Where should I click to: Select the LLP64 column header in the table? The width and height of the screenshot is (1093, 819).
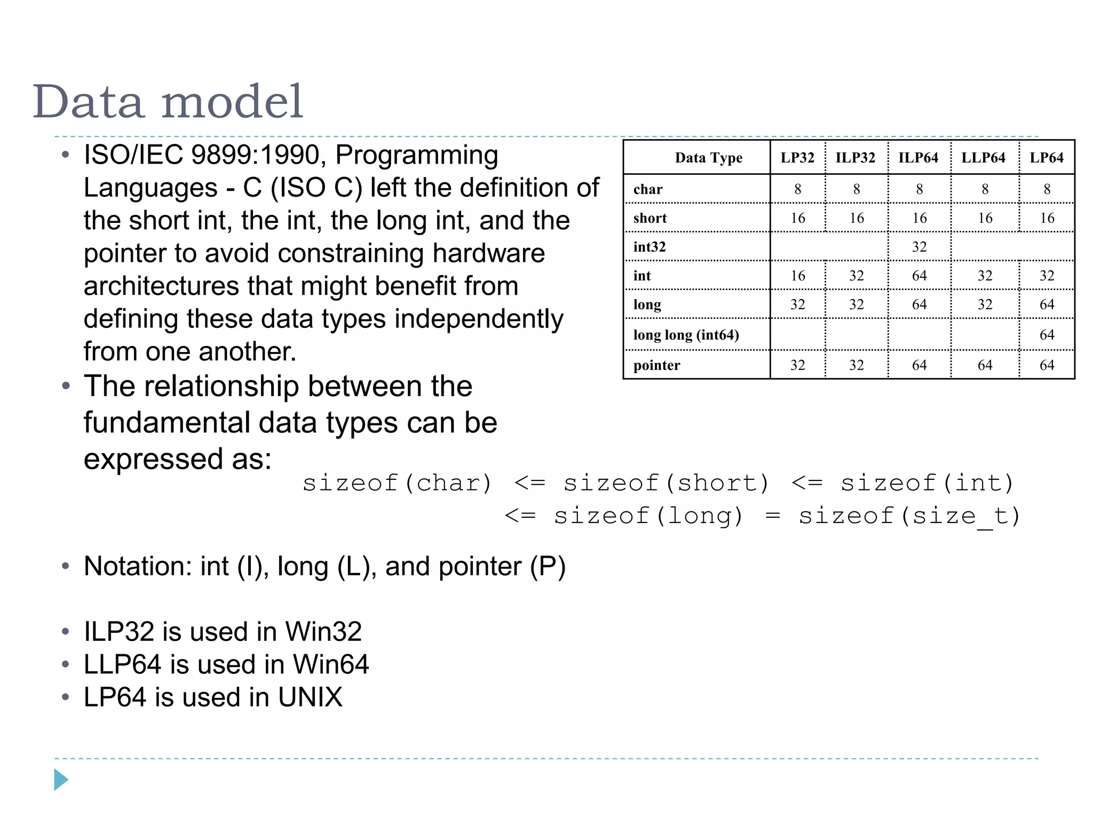(983, 158)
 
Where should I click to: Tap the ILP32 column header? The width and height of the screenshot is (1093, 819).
(855, 158)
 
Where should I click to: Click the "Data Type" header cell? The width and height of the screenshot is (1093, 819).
(708, 158)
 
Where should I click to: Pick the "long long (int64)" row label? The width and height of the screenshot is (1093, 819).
(686, 335)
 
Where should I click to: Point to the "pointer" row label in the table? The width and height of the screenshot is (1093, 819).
(656, 365)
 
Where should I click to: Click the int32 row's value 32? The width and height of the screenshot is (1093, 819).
(919, 247)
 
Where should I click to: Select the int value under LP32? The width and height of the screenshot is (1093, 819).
(797, 276)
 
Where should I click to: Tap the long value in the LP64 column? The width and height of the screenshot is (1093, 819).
(1047, 304)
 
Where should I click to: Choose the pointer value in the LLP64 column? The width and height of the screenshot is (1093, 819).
(985, 365)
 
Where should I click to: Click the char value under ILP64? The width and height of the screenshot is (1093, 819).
(919, 189)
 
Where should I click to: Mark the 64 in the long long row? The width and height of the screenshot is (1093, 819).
(1047, 335)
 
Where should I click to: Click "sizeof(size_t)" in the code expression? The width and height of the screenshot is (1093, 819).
(909, 516)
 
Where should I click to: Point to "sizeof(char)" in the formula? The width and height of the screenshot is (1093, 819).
(397, 484)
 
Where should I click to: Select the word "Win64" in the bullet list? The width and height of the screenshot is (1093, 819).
(331, 664)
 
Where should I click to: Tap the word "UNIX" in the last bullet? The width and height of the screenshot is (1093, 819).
(310, 697)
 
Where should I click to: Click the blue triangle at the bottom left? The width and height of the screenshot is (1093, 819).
(61, 780)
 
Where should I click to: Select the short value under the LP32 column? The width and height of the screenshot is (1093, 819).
(797, 218)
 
